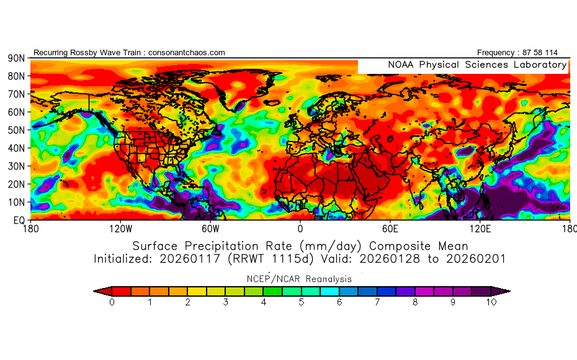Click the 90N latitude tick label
click(x=16, y=58)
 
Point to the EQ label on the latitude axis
click(x=19, y=220)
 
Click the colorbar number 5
click(x=302, y=302)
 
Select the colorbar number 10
click(x=491, y=302)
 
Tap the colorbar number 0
click(x=112, y=302)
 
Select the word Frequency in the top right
click(x=497, y=53)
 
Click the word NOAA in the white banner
click(x=401, y=65)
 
